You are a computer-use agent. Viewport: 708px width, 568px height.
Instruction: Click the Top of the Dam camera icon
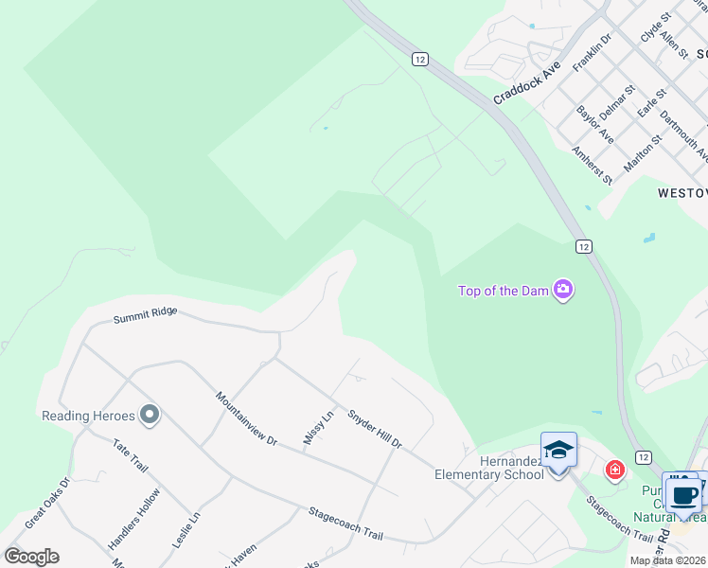click(x=563, y=290)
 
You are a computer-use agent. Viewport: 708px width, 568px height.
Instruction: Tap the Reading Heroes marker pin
click(x=150, y=415)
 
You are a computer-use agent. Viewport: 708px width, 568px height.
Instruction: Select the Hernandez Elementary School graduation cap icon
click(x=558, y=450)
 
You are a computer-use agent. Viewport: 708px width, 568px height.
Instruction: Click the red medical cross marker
click(x=615, y=469)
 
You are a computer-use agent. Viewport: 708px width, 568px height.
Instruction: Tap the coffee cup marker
click(x=683, y=495)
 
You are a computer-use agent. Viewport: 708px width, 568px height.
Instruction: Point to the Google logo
click(x=31, y=557)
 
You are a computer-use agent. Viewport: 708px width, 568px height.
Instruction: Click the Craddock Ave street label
click(x=527, y=82)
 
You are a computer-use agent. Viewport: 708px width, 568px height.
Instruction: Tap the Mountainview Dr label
click(x=245, y=418)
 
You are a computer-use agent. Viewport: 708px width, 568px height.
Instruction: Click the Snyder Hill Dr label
click(x=375, y=429)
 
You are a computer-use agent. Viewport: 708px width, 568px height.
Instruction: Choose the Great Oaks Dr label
click(x=47, y=503)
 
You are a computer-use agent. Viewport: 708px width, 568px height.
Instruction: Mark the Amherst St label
click(x=593, y=163)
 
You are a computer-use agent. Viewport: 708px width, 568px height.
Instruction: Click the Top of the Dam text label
click(x=503, y=291)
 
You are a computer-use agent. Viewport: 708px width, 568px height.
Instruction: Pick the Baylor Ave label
click(x=595, y=124)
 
